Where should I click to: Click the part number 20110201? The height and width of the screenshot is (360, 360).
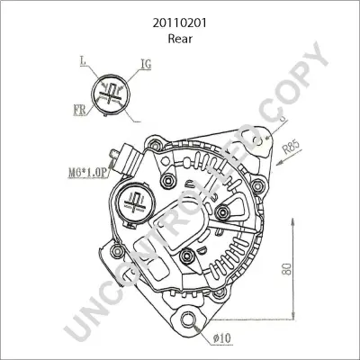tap(180, 23)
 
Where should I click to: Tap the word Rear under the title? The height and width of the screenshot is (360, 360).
tap(180, 39)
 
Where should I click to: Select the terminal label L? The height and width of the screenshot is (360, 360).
tap(83, 61)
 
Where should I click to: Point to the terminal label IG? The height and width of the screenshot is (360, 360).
tap(146, 64)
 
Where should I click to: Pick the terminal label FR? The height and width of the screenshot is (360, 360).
tap(79, 110)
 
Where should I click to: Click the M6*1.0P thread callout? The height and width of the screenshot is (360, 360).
tap(87, 173)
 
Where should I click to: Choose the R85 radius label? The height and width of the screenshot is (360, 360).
tap(292, 148)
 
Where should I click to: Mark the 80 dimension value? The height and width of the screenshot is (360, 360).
tap(287, 269)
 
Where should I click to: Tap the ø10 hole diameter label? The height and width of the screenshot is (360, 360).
tap(222, 338)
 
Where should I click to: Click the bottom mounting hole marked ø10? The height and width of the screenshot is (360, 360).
tap(188, 319)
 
